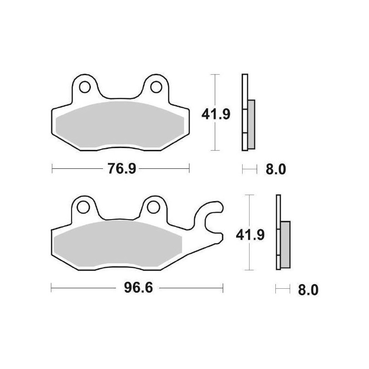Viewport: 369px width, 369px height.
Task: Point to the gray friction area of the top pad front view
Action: [120, 125]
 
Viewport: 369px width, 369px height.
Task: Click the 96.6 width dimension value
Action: [131, 289]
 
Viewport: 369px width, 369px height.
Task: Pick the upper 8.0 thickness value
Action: [276, 170]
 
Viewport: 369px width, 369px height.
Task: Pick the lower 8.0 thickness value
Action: [309, 290]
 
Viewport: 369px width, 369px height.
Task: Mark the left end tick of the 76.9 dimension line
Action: [52, 169]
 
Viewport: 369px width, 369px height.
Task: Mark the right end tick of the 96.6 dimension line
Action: [223, 289]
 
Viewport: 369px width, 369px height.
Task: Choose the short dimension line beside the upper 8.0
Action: [249, 170]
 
